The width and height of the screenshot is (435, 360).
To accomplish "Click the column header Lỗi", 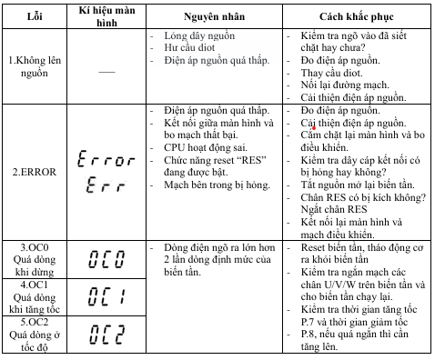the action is (36, 17).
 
